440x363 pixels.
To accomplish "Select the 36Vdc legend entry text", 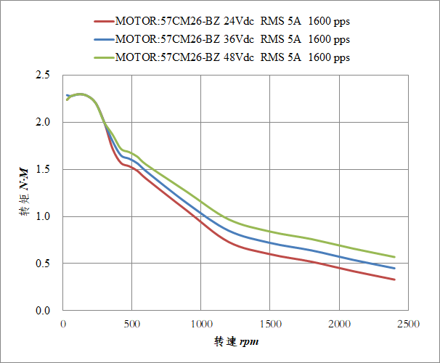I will [232, 38].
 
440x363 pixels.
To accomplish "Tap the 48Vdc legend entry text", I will [232, 57].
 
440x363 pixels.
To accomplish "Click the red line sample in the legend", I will [104, 21].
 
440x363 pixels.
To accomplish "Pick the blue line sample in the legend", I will [104, 39].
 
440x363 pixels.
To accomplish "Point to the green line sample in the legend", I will [104, 57].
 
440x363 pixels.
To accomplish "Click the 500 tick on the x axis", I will [132, 323].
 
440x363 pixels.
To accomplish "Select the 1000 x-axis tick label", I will [201, 323].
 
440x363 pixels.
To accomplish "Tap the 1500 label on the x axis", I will [270, 323].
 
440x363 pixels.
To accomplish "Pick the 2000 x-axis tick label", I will [339, 323].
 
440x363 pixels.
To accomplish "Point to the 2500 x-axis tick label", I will [408, 323].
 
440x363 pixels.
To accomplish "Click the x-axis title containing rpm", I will [237, 341].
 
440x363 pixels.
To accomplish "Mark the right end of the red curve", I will [394, 280].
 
